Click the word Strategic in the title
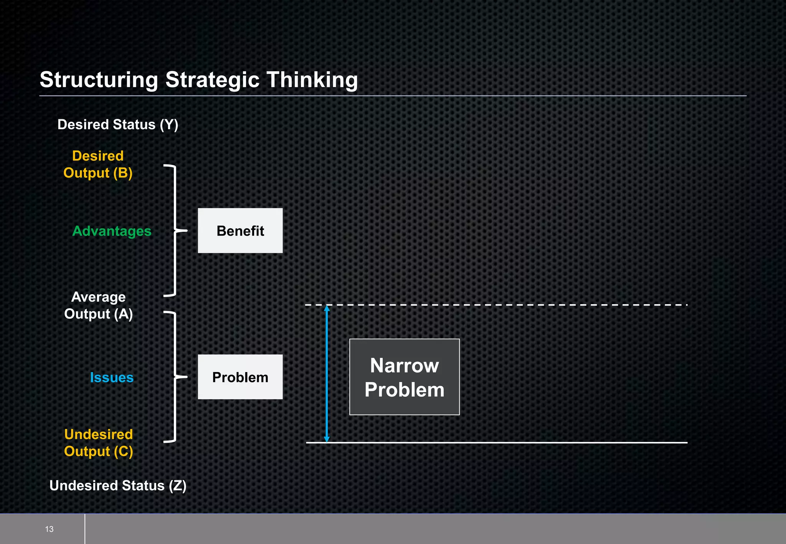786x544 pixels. coord(212,80)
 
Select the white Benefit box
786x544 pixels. coord(240,231)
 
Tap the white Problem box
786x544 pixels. coord(240,377)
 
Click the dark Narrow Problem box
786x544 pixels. coord(404,377)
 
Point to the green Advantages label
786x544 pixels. coord(112,231)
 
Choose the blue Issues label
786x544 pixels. coord(112,378)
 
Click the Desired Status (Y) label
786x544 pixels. coord(118,125)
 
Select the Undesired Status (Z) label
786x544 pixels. coord(118,486)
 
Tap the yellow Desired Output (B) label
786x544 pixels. coord(98,165)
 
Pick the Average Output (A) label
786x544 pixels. coord(98,305)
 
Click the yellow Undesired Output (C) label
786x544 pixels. coord(98,443)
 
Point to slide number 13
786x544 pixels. coord(49,529)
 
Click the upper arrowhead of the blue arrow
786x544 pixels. coord(327,308)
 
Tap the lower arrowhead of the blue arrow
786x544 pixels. coord(327,439)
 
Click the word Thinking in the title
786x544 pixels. coord(312,80)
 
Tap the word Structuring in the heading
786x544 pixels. coord(99,80)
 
